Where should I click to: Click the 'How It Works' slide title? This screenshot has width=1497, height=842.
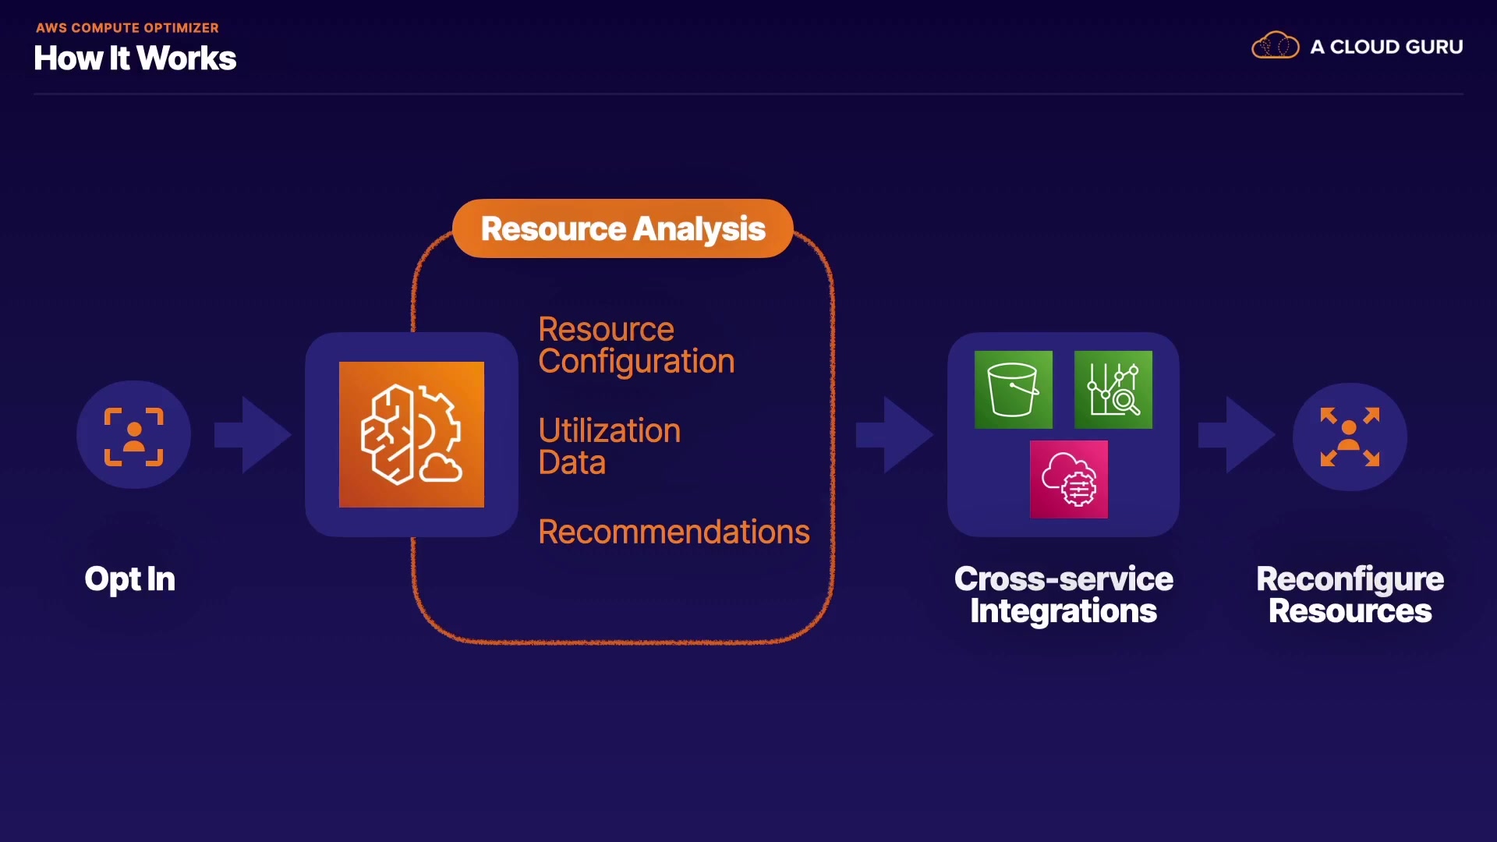135,58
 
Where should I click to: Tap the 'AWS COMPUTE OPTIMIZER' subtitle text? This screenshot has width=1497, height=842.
127,28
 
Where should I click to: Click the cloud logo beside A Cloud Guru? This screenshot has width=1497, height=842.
1276,46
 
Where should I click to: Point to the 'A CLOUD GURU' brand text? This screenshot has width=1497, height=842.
1386,47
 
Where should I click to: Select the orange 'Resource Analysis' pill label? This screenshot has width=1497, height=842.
623,228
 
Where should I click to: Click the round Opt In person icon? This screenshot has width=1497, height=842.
134,435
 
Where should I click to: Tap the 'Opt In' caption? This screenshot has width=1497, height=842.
130,579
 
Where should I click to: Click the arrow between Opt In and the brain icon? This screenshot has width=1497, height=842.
253,435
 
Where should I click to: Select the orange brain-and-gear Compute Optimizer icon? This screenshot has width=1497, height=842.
412,434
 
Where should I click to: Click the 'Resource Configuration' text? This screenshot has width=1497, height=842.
636,345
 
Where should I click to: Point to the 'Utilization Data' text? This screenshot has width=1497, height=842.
610,446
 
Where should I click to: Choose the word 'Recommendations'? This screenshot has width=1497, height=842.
674,532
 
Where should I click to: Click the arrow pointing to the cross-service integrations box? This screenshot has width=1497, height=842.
894,435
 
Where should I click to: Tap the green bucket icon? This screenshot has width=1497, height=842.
1014,390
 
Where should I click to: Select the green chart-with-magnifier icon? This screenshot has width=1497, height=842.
1113,390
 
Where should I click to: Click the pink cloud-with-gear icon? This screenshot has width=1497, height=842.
1069,479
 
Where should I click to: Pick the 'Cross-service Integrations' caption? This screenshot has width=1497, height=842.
1063,595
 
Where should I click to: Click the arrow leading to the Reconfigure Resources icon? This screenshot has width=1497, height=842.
1237,435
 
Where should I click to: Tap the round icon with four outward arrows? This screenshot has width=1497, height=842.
1350,437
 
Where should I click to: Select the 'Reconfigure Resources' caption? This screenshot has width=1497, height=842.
1350,595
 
